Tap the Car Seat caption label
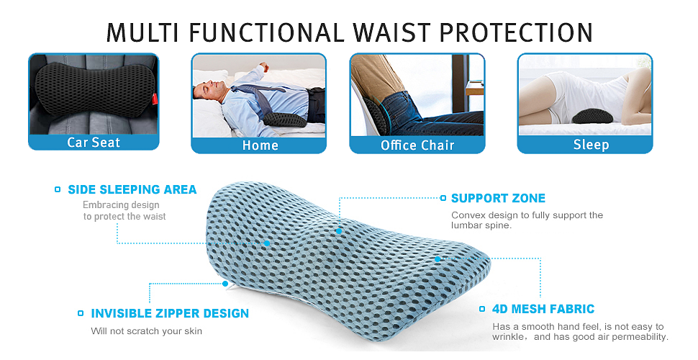94,143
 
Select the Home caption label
260,145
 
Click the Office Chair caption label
417,145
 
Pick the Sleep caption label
592,145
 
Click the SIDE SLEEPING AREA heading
132,190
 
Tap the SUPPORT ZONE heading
498,198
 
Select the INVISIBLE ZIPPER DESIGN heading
170,314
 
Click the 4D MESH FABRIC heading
543,309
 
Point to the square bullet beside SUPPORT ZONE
443,198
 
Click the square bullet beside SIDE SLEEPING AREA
58,189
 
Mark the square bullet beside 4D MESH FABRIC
482,309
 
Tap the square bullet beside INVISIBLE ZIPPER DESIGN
81,313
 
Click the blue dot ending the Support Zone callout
339,231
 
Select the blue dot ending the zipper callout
225,284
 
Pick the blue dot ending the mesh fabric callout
438,259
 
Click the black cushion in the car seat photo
94,89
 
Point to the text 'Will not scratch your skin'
147,331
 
